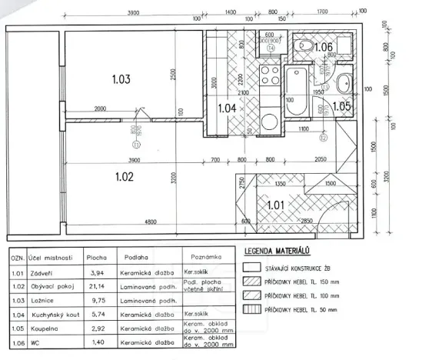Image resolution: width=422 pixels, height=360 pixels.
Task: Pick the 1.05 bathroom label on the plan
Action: tap(341, 106)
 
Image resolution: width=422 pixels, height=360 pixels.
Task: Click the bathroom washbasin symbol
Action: tap(344, 82)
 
